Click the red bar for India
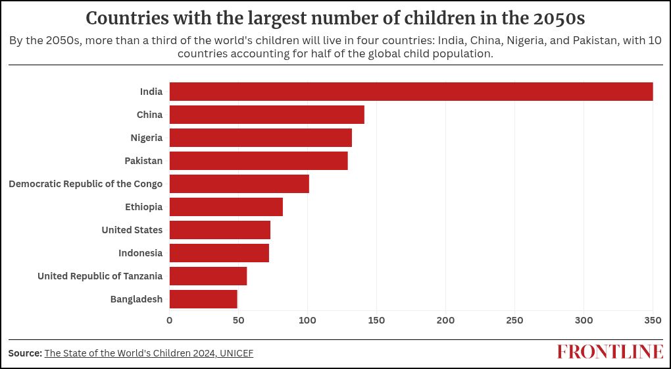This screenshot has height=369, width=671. point(411,92)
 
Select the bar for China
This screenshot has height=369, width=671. point(267,115)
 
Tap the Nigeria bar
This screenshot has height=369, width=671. point(261,138)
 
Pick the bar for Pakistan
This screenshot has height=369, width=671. point(259,161)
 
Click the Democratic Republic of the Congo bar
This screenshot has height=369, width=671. point(239,184)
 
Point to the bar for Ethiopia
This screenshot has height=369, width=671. point(226,207)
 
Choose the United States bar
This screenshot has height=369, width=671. point(220,230)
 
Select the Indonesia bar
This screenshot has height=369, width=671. point(219,253)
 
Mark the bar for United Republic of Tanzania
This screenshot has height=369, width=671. point(208,276)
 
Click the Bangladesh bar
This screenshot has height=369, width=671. point(203,299)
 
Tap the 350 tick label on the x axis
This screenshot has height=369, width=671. point(653,320)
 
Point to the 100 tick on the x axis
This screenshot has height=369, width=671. point(307,320)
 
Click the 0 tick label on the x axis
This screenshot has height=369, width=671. point(170,320)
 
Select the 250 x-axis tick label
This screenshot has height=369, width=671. point(514,320)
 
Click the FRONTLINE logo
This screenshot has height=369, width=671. point(610,352)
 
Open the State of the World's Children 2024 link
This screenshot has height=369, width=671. point(149,353)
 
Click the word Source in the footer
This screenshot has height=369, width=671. point(25,353)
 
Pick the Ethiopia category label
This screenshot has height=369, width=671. point(143,207)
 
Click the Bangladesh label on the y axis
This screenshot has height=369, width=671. point(136,299)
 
